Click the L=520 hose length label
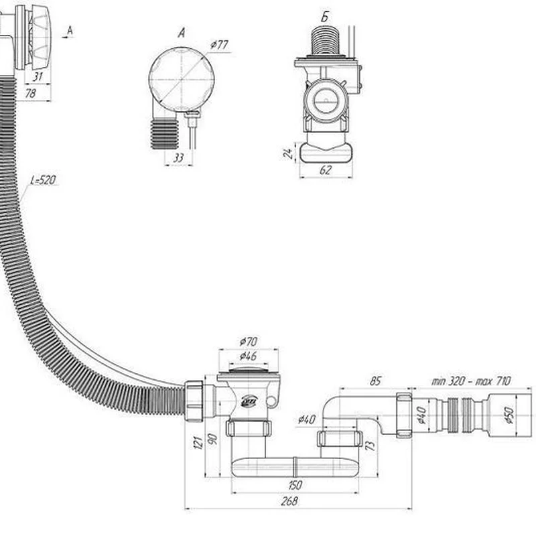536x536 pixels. tap(43, 180)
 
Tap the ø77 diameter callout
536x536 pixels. tap(219, 45)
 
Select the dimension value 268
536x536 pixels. tap(289, 501)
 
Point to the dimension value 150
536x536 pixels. tap(295, 484)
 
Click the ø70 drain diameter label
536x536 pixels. tap(249, 341)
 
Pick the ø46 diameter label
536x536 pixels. tap(248, 356)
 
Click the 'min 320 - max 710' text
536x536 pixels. tap(471, 381)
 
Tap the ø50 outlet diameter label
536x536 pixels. tap(509, 415)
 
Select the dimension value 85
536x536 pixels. tap(375, 381)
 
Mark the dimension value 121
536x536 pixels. tap(198, 442)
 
